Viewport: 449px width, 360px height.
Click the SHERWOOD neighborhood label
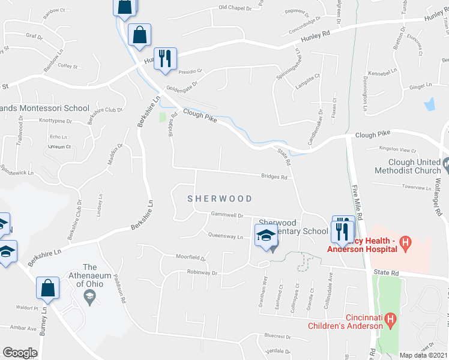pyautogui.click(x=219, y=198)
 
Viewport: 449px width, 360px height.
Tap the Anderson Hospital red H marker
pyautogui.click(x=406, y=243)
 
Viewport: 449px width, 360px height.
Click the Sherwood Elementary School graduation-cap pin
pyautogui.click(x=267, y=236)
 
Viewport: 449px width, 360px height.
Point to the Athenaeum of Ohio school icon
pyautogui.click(x=89, y=295)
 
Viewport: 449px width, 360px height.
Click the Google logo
pyautogui.click(x=20, y=353)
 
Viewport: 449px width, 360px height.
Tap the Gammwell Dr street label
pyautogui.click(x=226, y=215)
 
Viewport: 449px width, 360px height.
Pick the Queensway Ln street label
pyautogui.click(x=224, y=237)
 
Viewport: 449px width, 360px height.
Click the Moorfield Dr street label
pyautogui.click(x=191, y=257)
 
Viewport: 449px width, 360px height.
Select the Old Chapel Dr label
pyautogui.click(x=235, y=8)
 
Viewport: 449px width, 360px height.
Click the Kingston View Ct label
pyautogui.click(x=398, y=149)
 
